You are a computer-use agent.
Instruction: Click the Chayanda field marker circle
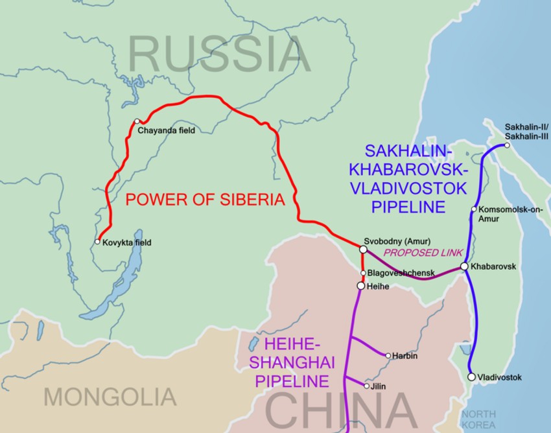pyautogui.click(x=137, y=121)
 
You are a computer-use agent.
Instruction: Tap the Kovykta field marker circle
pyautogui.click(x=97, y=242)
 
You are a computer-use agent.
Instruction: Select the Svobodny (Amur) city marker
pyautogui.click(x=363, y=249)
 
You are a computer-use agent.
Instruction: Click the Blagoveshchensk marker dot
pyautogui.click(x=363, y=273)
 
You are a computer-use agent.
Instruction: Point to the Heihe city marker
pyautogui.click(x=361, y=285)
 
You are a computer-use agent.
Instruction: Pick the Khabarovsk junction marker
pyautogui.click(x=464, y=266)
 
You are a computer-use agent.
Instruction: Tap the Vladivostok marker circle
pyautogui.click(x=471, y=377)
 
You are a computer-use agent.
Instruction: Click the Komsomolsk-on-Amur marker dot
pyautogui.click(x=475, y=209)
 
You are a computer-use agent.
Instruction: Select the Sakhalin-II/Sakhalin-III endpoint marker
pyautogui.click(x=507, y=145)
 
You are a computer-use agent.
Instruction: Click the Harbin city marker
pyautogui.click(x=388, y=355)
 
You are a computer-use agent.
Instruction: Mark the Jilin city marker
pyautogui.click(x=367, y=386)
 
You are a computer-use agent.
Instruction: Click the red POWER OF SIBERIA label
pyautogui.click(x=205, y=200)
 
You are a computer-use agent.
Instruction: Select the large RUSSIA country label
pyautogui.click(x=219, y=54)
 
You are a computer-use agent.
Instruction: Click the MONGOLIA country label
pyautogui.click(x=110, y=395)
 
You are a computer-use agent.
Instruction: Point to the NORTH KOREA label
pyautogui.click(x=478, y=419)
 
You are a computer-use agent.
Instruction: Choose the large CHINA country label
pyautogui.click(x=341, y=411)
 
